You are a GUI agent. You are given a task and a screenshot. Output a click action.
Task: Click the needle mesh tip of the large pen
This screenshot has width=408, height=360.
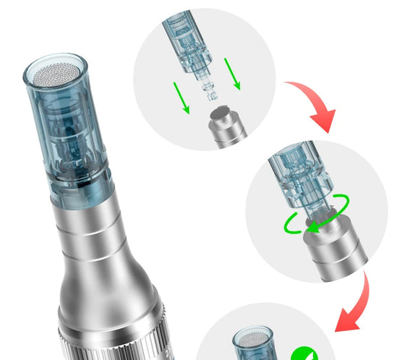59,72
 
